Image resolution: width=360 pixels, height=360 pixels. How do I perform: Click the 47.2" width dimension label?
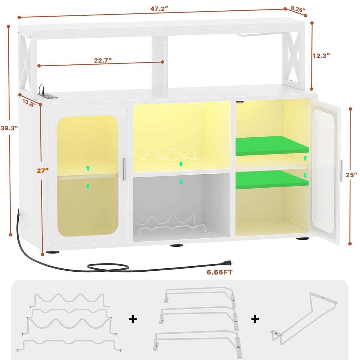pos(159,9)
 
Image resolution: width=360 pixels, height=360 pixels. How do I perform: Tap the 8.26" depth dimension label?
pos(298,9)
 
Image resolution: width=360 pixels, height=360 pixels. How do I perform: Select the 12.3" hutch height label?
pos(321,56)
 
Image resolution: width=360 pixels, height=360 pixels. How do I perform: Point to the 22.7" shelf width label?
pos(103,60)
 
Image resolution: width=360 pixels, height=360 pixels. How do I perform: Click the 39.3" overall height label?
pos(9,128)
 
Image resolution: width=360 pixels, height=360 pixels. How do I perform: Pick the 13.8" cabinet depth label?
pos(29,103)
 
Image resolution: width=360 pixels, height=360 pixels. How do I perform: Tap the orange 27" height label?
pos(42,171)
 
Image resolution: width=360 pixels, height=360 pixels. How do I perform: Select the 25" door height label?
pos(351,175)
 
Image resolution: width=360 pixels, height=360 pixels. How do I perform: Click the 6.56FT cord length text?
pos(219,272)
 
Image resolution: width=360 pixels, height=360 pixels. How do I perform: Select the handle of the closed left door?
pos(124,169)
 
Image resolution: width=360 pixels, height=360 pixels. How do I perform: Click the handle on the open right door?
pos(341,171)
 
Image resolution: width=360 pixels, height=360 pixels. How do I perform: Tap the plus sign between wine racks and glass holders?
pos(133,319)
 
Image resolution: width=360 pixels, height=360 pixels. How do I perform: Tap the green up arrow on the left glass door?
pos(88,168)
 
